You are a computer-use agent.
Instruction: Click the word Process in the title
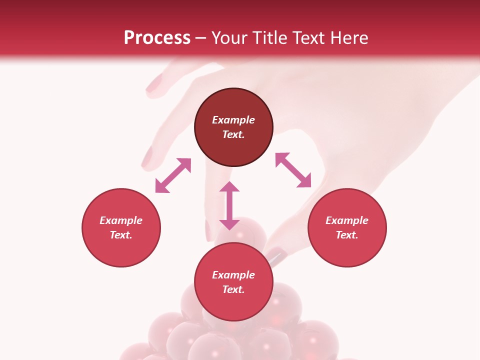click(157, 38)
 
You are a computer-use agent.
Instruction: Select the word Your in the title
click(229, 38)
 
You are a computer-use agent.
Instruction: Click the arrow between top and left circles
click(173, 175)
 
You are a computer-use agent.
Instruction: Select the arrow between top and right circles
click(293, 170)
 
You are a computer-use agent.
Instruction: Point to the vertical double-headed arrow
click(229, 205)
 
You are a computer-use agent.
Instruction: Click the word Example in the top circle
click(233, 120)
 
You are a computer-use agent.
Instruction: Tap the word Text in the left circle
click(121, 235)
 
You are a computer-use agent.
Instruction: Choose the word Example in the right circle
click(347, 220)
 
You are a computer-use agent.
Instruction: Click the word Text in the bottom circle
click(233, 289)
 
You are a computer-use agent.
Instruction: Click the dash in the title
click(201, 38)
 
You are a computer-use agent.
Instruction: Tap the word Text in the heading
click(307, 38)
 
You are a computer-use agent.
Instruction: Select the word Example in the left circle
click(121, 220)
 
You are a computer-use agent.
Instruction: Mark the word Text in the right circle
click(347, 235)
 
